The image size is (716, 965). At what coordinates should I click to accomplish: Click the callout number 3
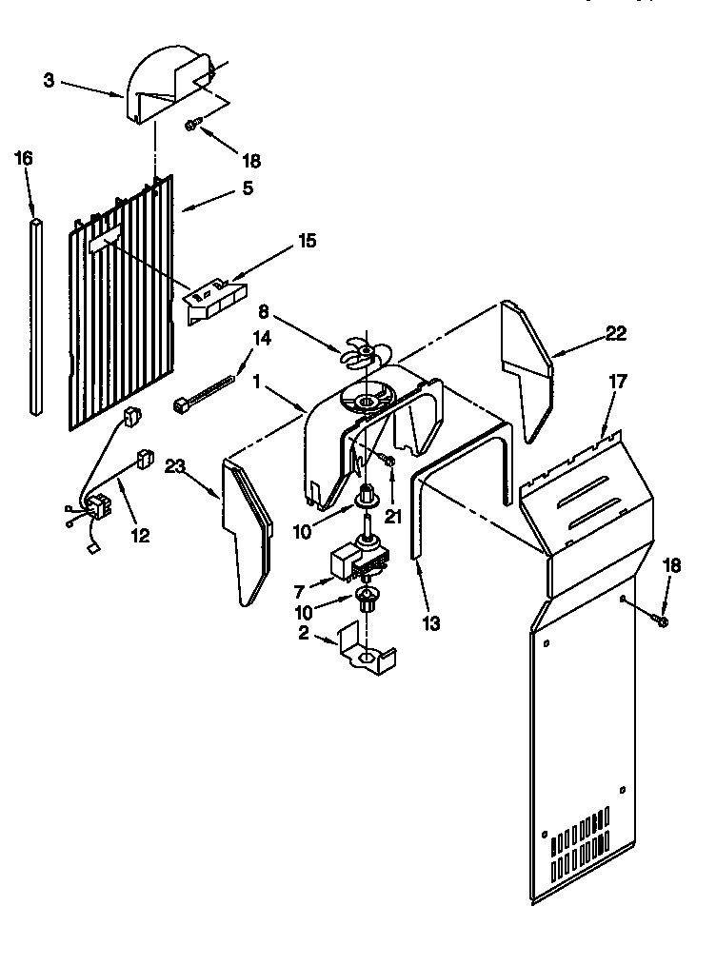click(x=50, y=80)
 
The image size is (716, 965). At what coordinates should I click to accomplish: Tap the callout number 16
click(x=24, y=159)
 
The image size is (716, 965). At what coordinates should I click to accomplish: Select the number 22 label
click(x=618, y=333)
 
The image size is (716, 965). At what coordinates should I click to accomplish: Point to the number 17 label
click(x=618, y=381)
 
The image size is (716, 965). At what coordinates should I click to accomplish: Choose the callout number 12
click(x=140, y=536)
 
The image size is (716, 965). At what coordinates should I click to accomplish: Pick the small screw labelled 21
click(x=388, y=462)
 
